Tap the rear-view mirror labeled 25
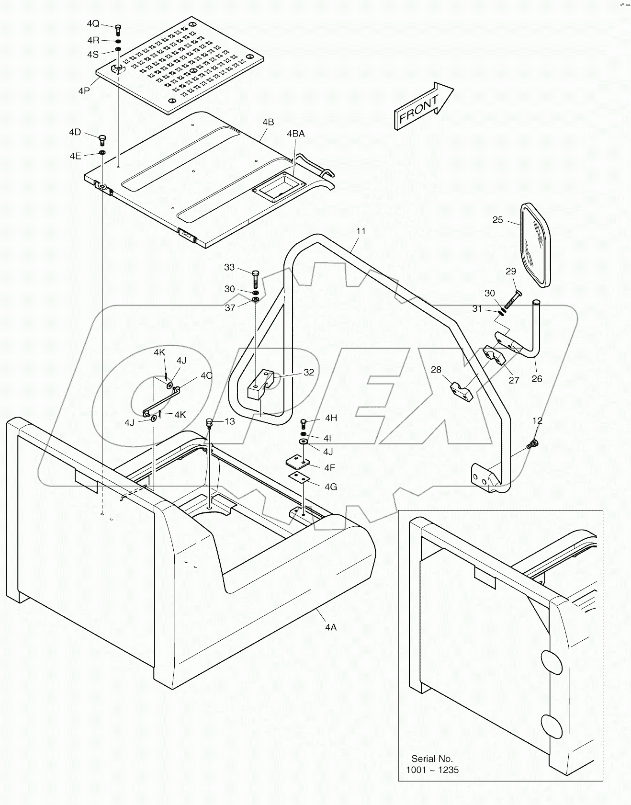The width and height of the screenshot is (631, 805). pos(535,246)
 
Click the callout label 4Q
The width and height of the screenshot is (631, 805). pos(93,24)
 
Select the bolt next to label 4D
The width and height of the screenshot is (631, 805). pos(101,140)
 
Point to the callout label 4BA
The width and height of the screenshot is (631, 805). pos(295,134)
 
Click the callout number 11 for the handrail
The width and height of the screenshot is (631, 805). pos(361,231)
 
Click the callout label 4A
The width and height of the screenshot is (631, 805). pos(331,627)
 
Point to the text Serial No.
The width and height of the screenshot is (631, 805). pos(432,759)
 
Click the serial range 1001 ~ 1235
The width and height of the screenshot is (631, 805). pos(432,770)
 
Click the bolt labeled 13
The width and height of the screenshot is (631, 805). pos(209,423)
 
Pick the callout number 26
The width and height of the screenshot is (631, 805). pos(537,378)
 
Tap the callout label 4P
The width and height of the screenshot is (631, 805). pos(84,91)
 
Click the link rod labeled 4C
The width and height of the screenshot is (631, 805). pos(161,401)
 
